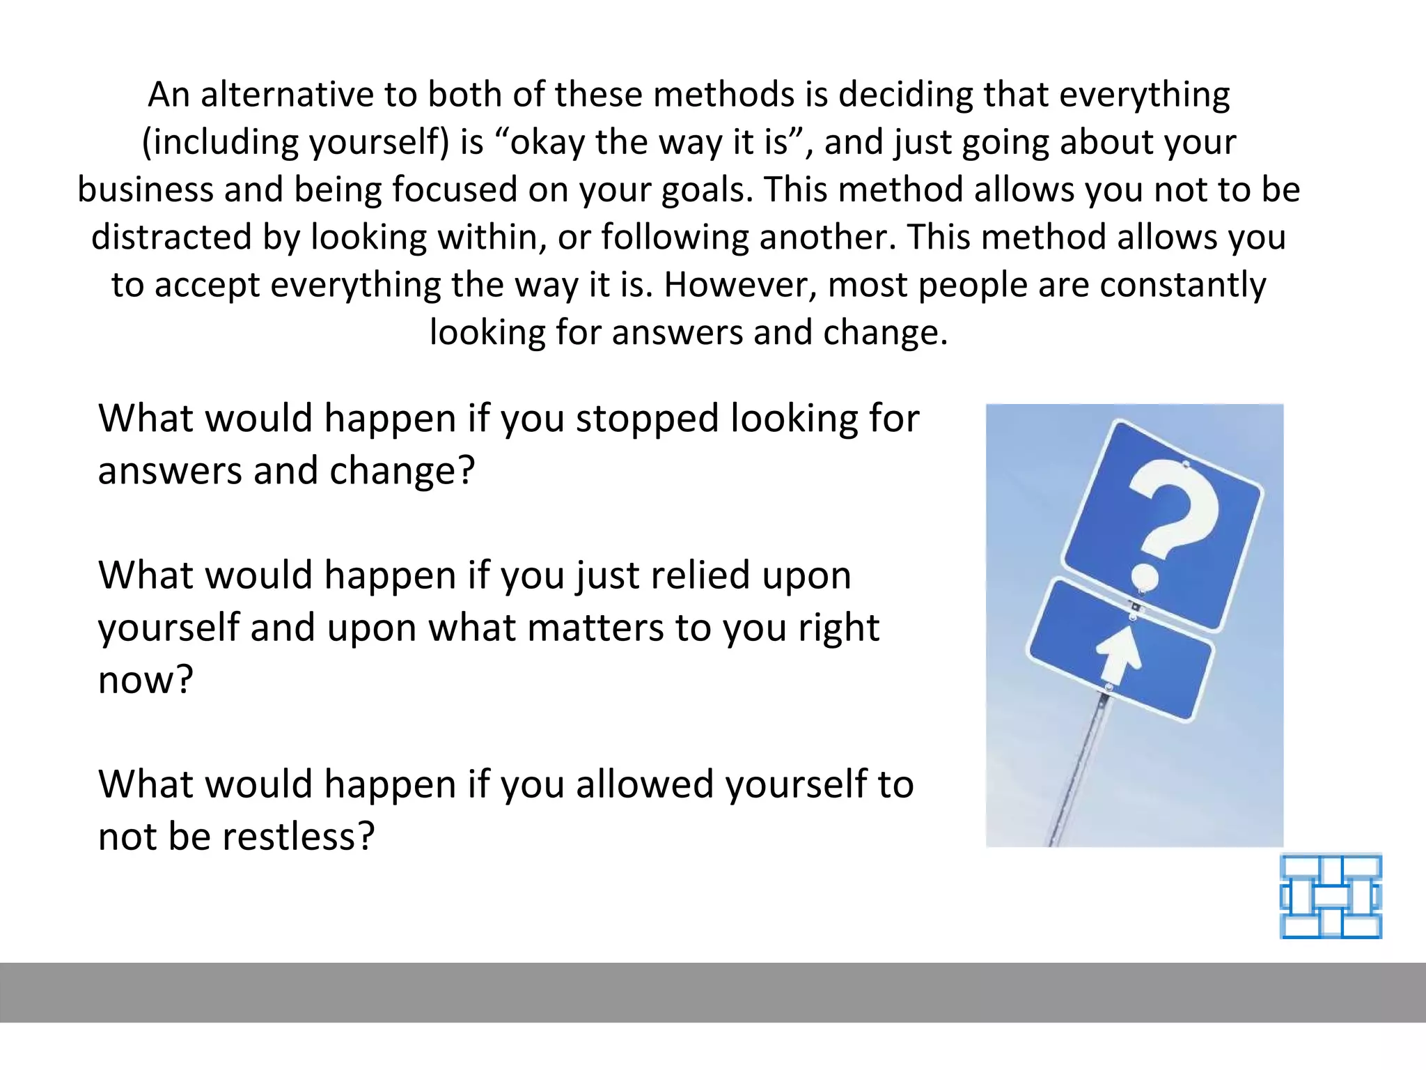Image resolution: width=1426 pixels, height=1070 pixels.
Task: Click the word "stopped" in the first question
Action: point(647,419)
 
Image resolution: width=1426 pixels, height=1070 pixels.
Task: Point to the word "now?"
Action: point(146,681)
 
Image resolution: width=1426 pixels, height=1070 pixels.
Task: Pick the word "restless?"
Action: point(299,837)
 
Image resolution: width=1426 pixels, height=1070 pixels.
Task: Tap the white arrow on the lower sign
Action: point(1118,655)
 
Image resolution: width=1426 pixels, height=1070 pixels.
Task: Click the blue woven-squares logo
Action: point(1331,897)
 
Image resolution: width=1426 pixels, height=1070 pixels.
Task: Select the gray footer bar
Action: point(713,992)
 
